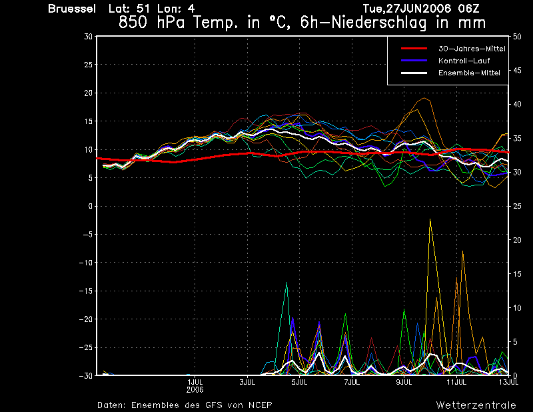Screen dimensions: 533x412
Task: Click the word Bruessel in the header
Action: click(x=72, y=9)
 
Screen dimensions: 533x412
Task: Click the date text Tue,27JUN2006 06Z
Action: click(x=421, y=8)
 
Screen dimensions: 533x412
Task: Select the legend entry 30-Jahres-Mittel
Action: click(x=472, y=49)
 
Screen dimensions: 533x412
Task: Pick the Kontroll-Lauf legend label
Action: click(x=464, y=61)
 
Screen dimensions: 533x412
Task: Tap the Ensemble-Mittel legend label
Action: click(x=469, y=73)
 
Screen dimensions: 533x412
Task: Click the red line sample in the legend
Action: click(x=414, y=48)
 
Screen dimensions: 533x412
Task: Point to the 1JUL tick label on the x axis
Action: click(x=195, y=382)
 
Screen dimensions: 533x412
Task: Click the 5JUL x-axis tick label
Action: click(x=299, y=382)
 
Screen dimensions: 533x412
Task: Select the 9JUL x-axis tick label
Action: click(x=404, y=382)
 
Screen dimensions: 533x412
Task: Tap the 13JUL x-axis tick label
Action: click(x=508, y=382)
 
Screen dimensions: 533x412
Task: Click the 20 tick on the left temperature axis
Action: click(x=89, y=93)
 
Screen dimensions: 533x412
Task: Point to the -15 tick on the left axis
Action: click(x=86, y=291)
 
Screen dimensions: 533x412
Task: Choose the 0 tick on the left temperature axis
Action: click(x=91, y=206)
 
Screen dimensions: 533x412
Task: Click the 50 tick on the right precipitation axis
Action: click(x=517, y=37)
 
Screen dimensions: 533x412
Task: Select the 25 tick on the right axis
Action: click(x=517, y=206)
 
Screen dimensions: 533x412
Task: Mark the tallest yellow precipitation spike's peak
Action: click(x=430, y=219)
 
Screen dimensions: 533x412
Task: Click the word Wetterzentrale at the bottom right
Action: click(x=476, y=405)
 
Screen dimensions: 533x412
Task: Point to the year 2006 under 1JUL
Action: click(x=195, y=389)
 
